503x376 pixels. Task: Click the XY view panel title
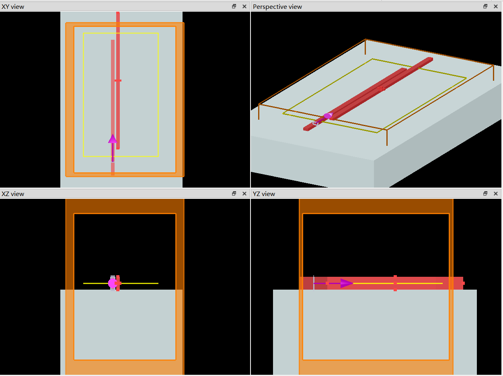[x=13, y=7]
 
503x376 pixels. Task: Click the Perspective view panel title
[x=277, y=7]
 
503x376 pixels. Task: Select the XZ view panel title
[x=13, y=194]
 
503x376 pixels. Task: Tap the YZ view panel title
[x=264, y=194]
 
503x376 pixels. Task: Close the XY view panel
[x=244, y=6]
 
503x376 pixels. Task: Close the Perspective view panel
[x=496, y=6]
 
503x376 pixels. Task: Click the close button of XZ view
[x=244, y=194]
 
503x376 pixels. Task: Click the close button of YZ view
[x=496, y=194]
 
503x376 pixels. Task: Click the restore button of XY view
[x=234, y=6]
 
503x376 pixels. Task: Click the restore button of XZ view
[x=234, y=194]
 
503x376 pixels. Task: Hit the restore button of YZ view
[x=485, y=194]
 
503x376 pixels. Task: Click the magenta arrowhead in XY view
[x=113, y=139]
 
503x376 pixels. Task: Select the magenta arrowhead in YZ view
[x=347, y=283]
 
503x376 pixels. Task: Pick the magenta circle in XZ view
[x=112, y=283]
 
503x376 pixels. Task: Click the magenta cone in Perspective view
[x=328, y=116]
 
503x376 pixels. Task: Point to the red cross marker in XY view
[x=118, y=81]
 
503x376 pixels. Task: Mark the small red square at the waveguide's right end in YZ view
[x=463, y=283]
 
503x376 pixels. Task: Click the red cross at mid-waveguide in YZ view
[x=395, y=283]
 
